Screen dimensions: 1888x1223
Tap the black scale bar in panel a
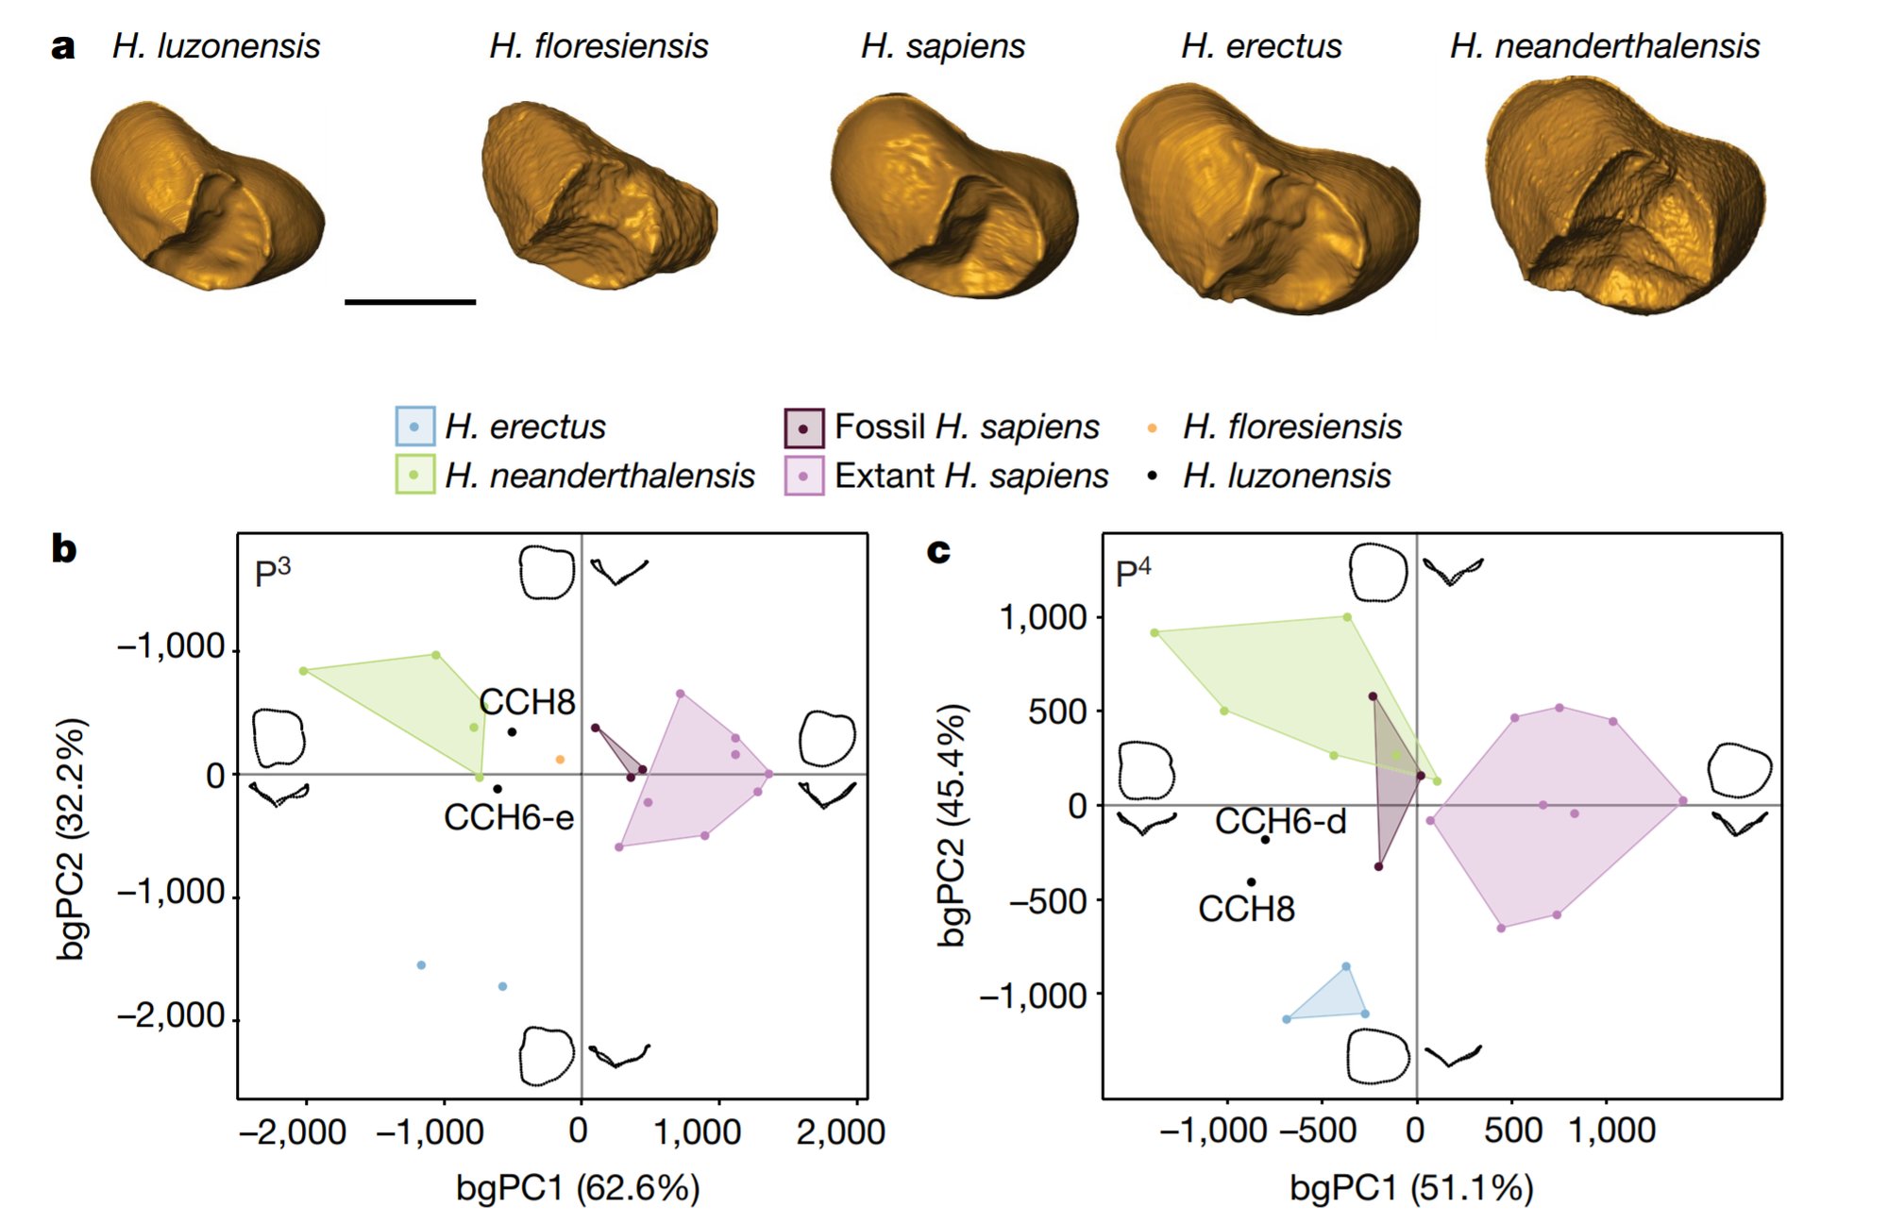(x=410, y=302)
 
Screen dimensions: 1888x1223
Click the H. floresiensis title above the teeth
(x=598, y=46)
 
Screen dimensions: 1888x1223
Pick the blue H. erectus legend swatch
(x=414, y=427)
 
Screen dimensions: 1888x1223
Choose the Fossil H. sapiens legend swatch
(x=803, y=427)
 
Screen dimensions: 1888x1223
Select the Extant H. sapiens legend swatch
(x=803, y=476)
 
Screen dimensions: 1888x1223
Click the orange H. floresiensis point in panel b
(x=560, y=760)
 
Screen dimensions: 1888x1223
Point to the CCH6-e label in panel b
(x=509, y=817)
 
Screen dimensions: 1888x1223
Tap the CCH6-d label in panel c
(x=1280, y=822)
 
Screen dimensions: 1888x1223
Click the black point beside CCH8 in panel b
(x=512, y=732)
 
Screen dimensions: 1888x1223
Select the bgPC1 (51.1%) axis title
(x=1411, y=1188)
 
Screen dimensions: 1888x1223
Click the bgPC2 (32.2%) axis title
(x=72, y=840)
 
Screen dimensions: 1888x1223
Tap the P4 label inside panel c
(x=1133, y=572)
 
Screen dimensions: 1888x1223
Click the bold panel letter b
(x=64, y=548)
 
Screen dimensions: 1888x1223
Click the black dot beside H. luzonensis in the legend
(x=1152, y=477)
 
